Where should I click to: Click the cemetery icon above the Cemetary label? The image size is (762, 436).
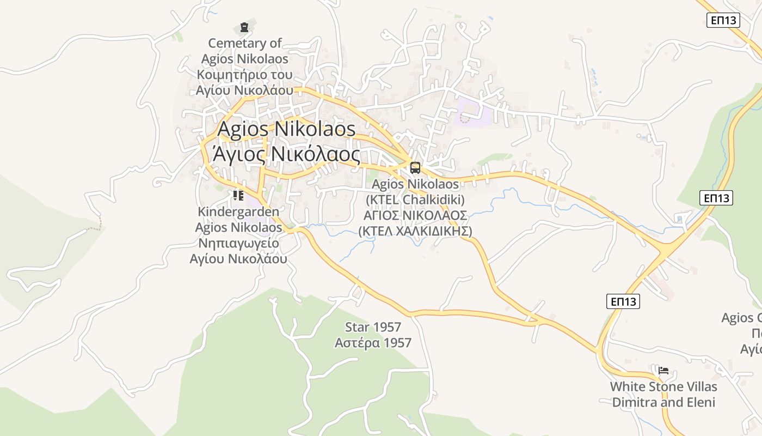tap(244, 27)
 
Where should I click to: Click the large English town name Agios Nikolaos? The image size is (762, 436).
tap(286, 129)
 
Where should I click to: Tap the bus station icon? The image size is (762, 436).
tap(415, 168)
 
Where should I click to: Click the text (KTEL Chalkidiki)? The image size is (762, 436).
tap(415, 199)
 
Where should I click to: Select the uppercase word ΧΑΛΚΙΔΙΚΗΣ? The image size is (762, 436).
tap(428, 231)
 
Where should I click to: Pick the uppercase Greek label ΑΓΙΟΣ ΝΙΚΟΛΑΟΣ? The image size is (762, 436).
tap(415, 215)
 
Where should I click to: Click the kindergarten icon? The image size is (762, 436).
tap(238, 195)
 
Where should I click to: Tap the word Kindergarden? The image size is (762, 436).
tap(238, 211)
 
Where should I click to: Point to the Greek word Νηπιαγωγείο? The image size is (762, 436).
tap(238, 243)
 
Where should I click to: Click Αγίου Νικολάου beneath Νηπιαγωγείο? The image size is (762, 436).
tap(238, 259)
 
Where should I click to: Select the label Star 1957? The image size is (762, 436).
tap(373, 327)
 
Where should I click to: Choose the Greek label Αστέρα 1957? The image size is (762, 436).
tap(373, 343)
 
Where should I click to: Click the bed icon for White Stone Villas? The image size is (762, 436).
tap(663, 371)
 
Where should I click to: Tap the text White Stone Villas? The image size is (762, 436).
tap(663, 387)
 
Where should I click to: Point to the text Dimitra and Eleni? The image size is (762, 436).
tap(663, 403)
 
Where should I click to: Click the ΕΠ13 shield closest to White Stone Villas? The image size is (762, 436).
tap(623, 301)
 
